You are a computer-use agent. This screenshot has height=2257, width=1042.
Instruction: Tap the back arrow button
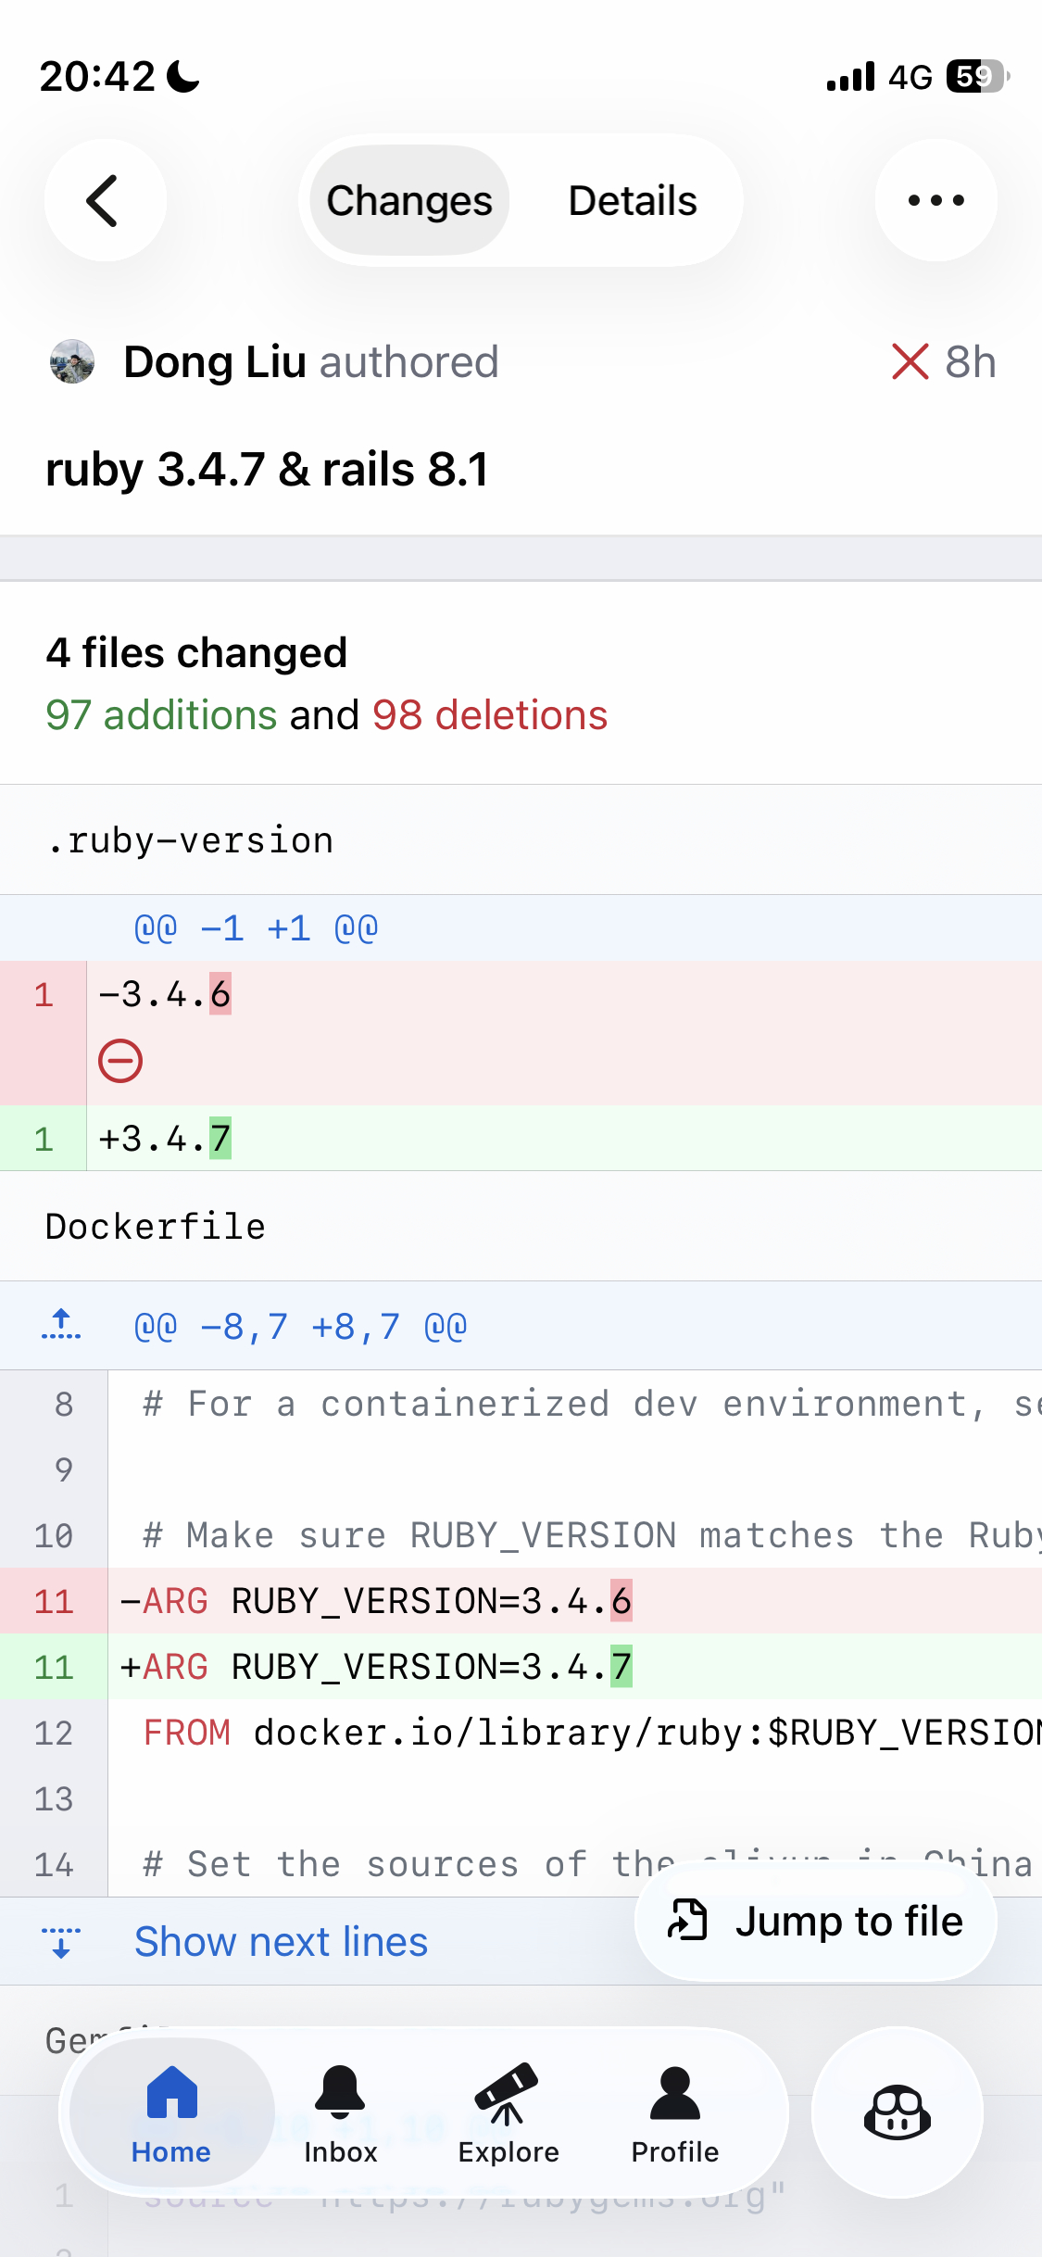coord(105,200)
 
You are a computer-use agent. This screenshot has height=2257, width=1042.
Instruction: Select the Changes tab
coord(408,200)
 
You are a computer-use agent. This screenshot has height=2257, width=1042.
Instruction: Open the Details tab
coord(633,200)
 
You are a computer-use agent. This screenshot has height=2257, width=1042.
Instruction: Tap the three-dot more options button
coord(935,200)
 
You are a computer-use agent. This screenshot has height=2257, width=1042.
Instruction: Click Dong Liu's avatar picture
coord(72,361)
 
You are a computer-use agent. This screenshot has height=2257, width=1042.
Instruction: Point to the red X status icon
coord(910,361)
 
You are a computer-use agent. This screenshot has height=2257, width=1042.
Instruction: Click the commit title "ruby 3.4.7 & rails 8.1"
coord(267,469)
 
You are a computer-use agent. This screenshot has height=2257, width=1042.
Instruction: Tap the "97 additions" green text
coord(161,715)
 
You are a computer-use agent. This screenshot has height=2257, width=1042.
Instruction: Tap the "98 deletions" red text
coord(490,715)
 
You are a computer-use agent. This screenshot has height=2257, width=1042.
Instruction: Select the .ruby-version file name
coord(191,840)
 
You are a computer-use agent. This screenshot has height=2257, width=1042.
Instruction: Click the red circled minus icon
coord(120,1061)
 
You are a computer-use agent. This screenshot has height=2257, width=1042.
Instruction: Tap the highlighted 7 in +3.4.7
coord(220,1139)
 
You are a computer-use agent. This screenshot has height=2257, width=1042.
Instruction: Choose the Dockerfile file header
coord(156,1227)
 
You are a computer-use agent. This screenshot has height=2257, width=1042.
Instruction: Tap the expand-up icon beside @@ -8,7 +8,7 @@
coord(61,1326)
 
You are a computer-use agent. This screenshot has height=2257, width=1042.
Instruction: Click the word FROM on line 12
coord(187,1733)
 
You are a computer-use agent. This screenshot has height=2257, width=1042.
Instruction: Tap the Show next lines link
coord(281,1941)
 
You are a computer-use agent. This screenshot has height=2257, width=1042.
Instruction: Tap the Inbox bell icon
coord(340,2092)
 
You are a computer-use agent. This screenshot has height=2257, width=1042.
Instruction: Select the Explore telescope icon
coord(508,2092)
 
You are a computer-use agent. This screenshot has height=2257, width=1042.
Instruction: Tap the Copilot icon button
coord(897,2112)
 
